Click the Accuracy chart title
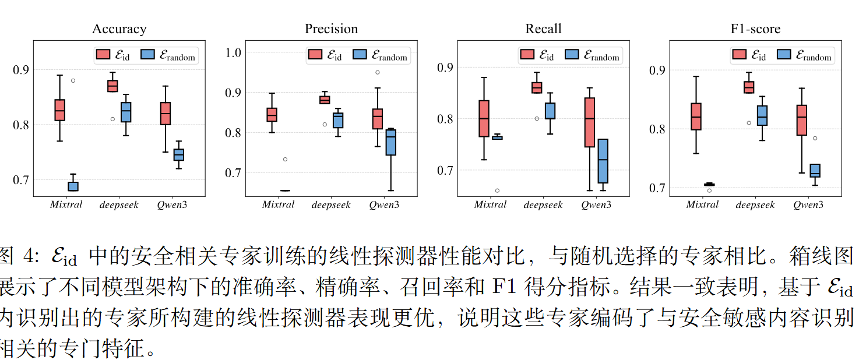(x=119, y=29)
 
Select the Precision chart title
(x=331, y=29)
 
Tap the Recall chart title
(x=543, y=29)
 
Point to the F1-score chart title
(x=755, y=29)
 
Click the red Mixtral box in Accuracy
(x=59, y=110)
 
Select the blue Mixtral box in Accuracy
(x=73, y=186)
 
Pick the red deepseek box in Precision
(x=325, y=100)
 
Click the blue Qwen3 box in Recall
(x=603, y=161)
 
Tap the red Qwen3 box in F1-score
(x=801, y=120)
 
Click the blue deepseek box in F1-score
(x=762, y=115)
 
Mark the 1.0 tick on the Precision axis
(x=233, y=53)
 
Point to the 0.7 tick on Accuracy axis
(x=21, y=180)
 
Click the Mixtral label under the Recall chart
(x=490, y=205)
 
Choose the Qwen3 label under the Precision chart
(x=384, y=205)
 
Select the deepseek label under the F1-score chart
(x=755, y=205)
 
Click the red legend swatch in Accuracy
(x=103, y=55)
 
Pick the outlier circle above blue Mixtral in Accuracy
(x=73, y=80)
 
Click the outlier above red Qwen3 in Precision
(x=378, y=72)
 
